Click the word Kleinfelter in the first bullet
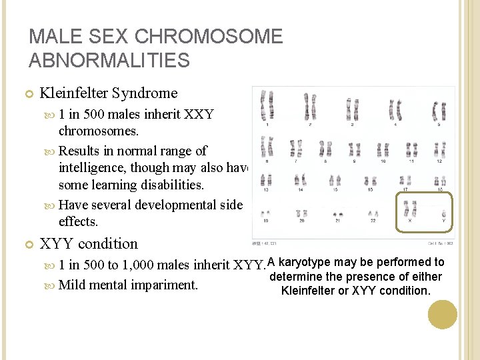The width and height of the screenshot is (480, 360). (x=75, y=93)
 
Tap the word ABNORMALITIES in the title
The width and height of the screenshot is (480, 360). (x=109, y=61)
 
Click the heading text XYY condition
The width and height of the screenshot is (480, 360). (x=89, y=244)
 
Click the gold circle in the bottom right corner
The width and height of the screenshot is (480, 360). (x=442, y=314)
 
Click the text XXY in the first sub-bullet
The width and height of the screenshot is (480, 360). (x=199, y=114)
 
